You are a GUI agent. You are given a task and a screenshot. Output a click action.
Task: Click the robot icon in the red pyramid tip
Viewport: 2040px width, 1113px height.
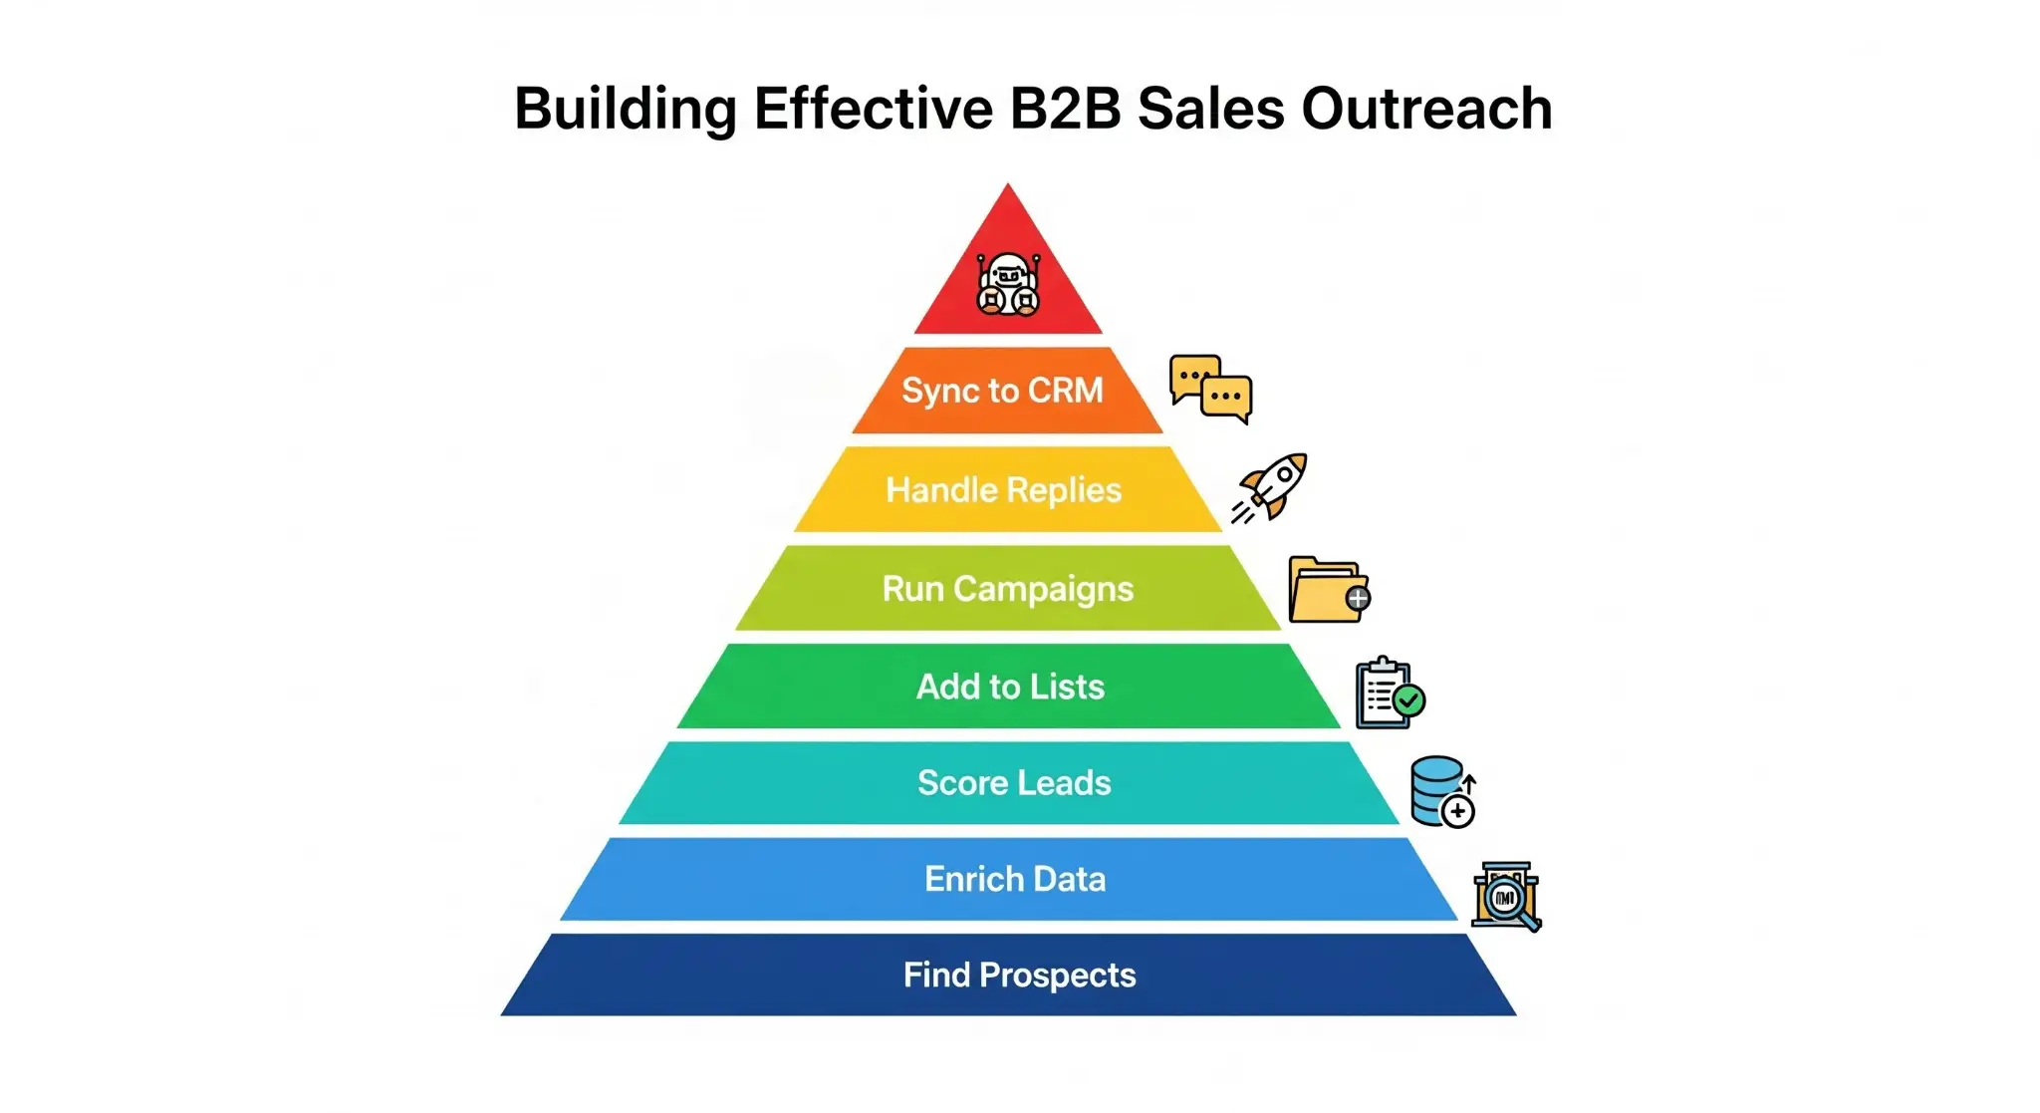1008,284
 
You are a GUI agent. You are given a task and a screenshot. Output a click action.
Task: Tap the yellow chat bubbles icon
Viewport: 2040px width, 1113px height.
1210,389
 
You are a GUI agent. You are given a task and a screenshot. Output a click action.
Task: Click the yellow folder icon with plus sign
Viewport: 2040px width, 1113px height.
1328,590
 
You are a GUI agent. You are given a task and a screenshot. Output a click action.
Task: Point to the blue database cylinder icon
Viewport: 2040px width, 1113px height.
1440,791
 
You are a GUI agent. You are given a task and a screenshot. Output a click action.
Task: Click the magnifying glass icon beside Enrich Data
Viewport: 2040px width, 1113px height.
1506,897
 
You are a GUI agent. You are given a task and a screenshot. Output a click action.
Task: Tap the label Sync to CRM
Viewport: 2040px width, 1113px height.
1002,391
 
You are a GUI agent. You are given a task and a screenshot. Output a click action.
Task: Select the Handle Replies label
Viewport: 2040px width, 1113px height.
1003,490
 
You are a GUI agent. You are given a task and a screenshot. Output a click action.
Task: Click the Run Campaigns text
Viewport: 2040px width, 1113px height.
1007,589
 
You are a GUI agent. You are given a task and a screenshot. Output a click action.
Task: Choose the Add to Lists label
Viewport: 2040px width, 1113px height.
1010,687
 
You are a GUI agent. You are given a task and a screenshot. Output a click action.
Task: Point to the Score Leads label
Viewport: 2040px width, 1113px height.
1014,783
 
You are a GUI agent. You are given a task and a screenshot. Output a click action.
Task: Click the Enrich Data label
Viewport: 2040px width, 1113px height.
1015,879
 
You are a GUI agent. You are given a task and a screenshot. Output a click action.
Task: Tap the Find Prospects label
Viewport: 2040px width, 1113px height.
1019,974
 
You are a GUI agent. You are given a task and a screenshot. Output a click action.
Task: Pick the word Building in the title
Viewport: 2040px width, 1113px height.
625,109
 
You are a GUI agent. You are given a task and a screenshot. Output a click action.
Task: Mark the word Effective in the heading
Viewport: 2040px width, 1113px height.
873,109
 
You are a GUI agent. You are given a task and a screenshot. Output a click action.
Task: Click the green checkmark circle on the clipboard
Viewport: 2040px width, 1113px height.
1408,700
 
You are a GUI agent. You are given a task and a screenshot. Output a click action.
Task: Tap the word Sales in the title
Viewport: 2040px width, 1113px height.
1210,109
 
